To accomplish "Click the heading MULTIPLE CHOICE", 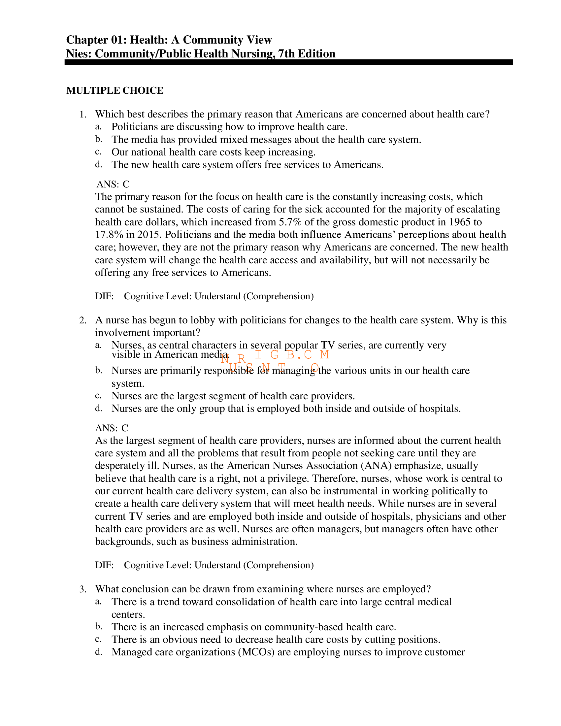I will [x=115, y=90].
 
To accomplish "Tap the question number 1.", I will [x=82, y=115].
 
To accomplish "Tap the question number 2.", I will [x=82, y=320].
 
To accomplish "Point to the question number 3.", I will [x=82, y=589].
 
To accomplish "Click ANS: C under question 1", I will [x=113, y=184].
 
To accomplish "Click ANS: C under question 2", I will [x=112, y=428].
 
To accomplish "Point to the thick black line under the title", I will [x=288, y=62].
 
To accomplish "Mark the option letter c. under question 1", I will [x=98, y=152].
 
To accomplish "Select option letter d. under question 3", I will [x=98, y=652].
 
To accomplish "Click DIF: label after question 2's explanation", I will [x=104, y=565].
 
